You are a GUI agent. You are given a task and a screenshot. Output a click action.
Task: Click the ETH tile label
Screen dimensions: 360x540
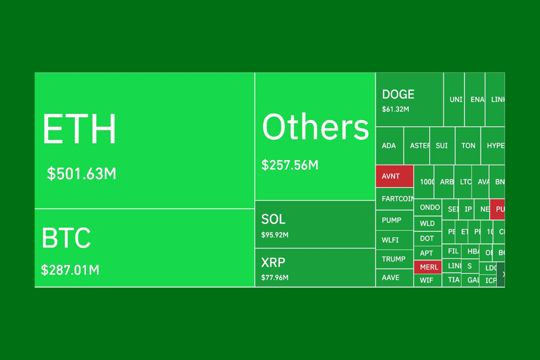coord(79,129)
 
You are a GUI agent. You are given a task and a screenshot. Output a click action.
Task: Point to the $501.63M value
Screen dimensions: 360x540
coord(81,173)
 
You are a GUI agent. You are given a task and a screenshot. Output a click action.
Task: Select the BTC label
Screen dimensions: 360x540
coord(66,238)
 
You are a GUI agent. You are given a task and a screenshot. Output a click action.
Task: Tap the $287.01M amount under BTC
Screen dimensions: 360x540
coord(70,270)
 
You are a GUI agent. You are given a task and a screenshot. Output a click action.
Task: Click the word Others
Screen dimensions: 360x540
coord(315,127)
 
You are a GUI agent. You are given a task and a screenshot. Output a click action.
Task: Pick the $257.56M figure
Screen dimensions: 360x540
coord(290,165)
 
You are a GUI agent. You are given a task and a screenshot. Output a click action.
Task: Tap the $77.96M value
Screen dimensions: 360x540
coord(275,277)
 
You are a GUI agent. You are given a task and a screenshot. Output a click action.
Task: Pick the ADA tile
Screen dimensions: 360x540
coord(389,145)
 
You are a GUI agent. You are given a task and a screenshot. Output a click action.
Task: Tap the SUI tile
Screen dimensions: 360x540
coord(442,145)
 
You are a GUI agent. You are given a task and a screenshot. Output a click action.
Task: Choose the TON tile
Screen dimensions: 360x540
coord(468,145)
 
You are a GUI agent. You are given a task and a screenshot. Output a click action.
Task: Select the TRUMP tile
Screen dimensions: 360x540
coord(394,259)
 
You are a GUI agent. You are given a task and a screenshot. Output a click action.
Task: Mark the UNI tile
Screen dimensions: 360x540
coord(455,99)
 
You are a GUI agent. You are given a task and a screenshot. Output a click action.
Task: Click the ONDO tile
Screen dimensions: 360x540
coord(430,207)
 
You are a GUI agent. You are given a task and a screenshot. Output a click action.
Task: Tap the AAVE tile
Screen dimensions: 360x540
coord(391,277)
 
